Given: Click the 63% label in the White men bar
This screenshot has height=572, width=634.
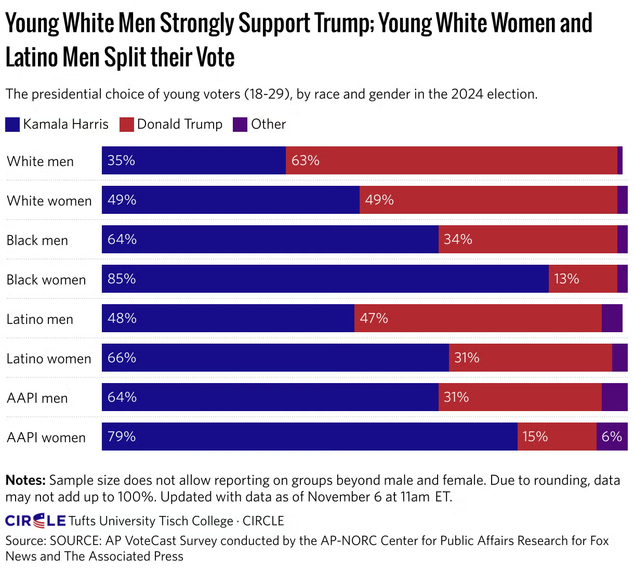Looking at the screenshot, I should pyautogui.click(x=305, y=160).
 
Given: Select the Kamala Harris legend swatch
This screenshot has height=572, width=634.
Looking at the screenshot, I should pyautogui.click(x=12, y=125).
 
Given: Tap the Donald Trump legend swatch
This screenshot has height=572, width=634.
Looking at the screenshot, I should pyautogui.click(x=127, y=125).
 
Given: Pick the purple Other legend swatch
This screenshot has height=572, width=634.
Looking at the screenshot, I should pyautogui.click(x=240, y=125).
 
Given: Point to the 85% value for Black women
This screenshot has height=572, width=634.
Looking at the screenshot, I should pyautogui.click(x=122, y=279).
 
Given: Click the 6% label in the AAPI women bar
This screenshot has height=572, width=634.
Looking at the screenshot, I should pyautogui.click(x=612, y=437).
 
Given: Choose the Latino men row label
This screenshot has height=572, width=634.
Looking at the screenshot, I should pyautogui.click(x=40, y=319).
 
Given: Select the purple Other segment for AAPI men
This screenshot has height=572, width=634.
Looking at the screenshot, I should pyautogui.click(x=614, y=397).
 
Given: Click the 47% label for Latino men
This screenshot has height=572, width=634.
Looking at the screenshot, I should pyautogui.click(x=374, y=318).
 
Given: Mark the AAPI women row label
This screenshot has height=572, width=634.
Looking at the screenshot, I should pyautogui.click(x=46, y=438).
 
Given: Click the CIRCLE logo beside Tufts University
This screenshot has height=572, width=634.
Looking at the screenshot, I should pyautogui.click(x=35, y=521).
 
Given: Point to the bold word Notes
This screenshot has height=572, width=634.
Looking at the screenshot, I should pyautogui.click(x=25, y=480).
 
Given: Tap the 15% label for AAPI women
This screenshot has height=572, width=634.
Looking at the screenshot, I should pyautogui.click(x=535, y=437).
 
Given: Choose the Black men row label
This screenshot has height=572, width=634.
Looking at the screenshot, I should pyautogui.click(x=37, y=240).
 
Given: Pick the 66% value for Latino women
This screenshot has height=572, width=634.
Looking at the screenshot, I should pyautogui.click(x=122, y=358).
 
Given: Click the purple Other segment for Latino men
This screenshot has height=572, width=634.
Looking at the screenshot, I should pyautogui.click(x=612, y=318).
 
